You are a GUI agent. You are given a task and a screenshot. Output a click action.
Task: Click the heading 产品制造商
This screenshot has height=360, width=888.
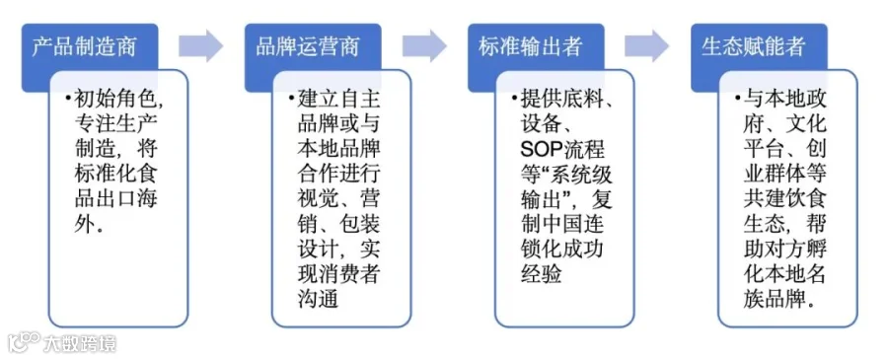(x=84, y=47)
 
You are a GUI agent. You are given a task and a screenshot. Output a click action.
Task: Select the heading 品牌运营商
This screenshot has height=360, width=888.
(x=307, y=47)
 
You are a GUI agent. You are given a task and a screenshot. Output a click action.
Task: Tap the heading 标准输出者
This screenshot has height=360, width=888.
(x=530, y=47)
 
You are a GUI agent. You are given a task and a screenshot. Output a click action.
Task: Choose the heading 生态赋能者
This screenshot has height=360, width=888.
(x=753, y=47)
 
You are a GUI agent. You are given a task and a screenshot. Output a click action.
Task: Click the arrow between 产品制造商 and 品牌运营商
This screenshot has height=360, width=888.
(x=201, y=45)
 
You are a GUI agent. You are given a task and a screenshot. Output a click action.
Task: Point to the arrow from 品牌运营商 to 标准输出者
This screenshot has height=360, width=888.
(x=424, y=45)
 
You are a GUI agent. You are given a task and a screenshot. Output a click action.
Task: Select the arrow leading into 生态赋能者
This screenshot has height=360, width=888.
(x=647, y=45)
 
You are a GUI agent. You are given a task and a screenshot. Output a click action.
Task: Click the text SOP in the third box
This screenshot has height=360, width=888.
(x=541, y=150)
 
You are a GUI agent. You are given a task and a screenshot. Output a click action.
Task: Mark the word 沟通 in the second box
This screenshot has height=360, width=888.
(x=318, y=298)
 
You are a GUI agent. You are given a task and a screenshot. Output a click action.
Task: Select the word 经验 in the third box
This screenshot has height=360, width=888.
(x=541, y=273)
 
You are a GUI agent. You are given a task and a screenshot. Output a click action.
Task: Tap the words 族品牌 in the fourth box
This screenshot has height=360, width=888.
(x=775, y=298)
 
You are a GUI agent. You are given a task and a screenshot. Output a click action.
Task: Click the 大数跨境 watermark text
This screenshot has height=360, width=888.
(x=79, y=343)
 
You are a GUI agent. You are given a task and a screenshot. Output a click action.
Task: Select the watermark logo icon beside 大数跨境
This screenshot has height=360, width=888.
(x=24, y=342)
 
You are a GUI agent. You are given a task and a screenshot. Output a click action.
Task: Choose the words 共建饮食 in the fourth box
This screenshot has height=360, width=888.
(x=785, y=199)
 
